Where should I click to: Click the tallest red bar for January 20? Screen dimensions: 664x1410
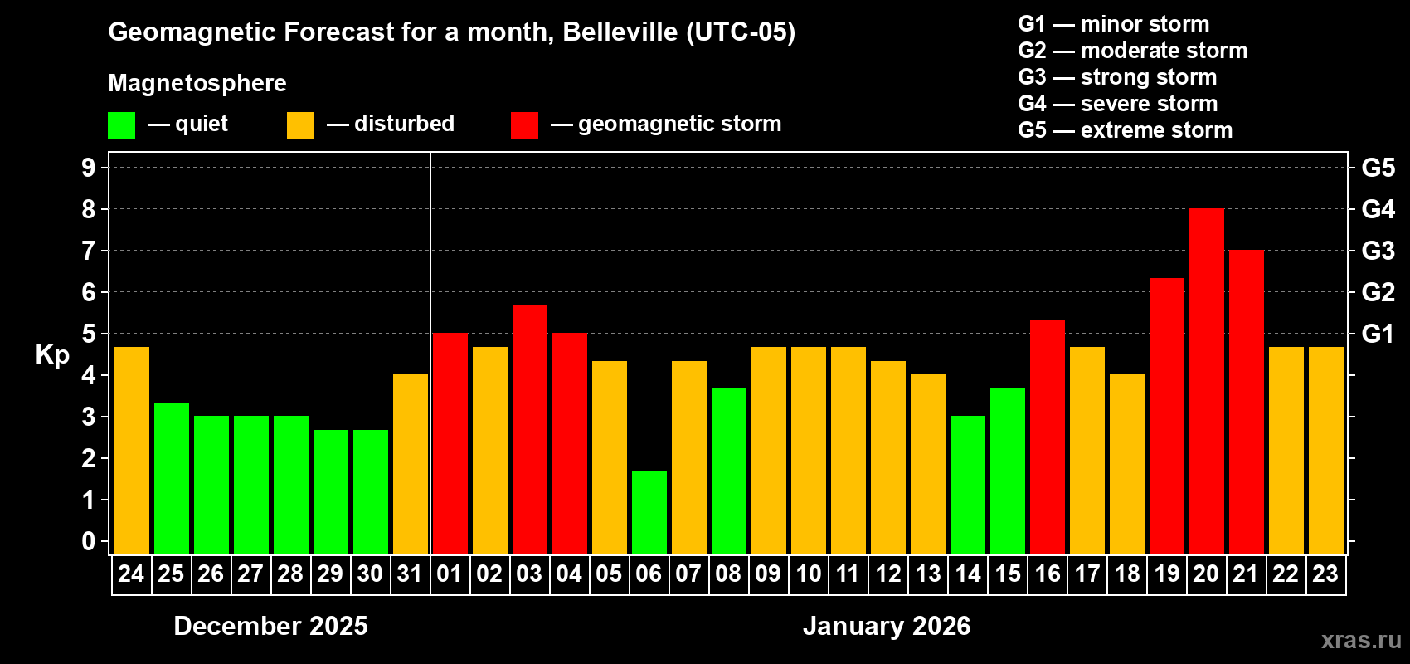(1206, 382)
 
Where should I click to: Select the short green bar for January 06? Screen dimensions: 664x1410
(649, 513)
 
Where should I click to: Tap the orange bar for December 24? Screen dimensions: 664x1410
(131, 451)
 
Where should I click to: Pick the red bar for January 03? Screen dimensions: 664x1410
(529, 430)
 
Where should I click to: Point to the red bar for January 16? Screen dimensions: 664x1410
(1047, 437)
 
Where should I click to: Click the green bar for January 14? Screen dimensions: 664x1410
(967, 485)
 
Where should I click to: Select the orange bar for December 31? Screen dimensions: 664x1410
(410, 465)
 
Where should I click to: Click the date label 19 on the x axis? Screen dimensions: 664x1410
(1166, 574)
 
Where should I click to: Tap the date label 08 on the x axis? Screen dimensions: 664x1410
(728, 574)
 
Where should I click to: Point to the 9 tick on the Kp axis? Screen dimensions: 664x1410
(89, 168)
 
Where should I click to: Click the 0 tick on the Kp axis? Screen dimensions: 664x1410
(89, 542)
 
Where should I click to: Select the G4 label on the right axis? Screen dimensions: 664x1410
(1378, 209)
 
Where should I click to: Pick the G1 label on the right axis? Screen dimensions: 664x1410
(1378, 334)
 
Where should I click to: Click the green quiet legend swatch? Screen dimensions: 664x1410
(121, 125)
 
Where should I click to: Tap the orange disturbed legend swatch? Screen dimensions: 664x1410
(300, 125)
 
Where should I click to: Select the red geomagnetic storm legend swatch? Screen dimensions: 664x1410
(524, 125)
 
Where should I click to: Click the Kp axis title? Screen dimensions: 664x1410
(52, 355)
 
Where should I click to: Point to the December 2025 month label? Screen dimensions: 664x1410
(270, 626)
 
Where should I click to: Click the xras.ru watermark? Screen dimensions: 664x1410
(1360, 640)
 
